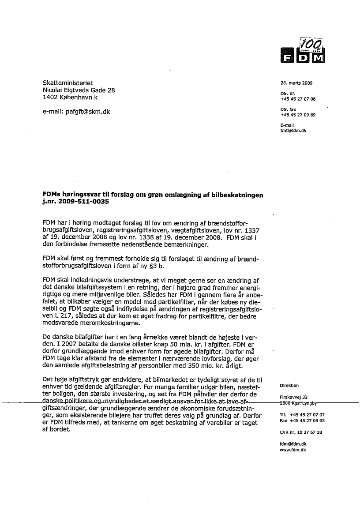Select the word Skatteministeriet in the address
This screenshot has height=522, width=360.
[67, 83]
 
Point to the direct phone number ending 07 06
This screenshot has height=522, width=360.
[298, 99]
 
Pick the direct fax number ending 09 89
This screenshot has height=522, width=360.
[298, 115]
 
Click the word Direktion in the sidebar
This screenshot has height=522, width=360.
[289, 385]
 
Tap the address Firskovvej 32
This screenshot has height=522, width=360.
[293, 397]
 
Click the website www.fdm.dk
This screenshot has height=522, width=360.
[293, 450]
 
